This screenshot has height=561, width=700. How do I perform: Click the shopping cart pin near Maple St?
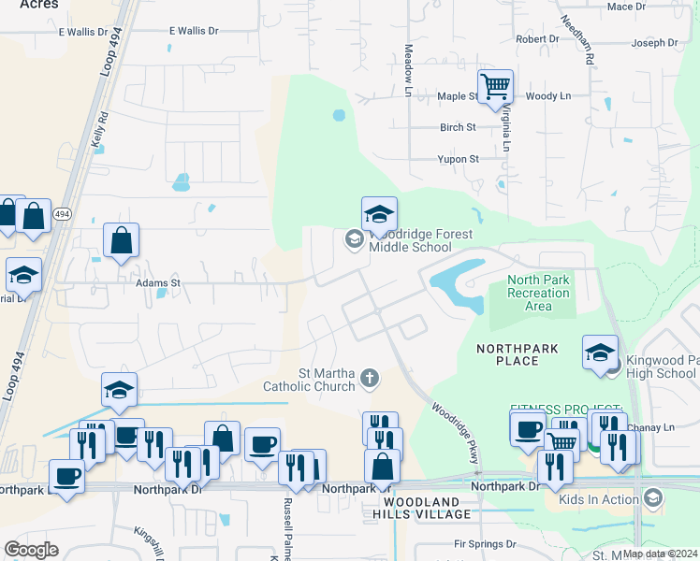[x=495, y=86]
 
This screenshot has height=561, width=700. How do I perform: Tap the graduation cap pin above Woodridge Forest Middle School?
[x=379, y=213]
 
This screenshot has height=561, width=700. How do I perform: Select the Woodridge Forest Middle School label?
[x=410, y=241]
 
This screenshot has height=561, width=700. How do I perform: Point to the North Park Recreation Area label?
[x=538, y=293]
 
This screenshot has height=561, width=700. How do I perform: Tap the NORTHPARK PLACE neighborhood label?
[x=518, y=354]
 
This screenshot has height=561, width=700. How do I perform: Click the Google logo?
[x=31, y=549]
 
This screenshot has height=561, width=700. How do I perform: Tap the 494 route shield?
[x=62, y=214]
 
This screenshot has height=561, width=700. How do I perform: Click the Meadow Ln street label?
[x=408, y=70]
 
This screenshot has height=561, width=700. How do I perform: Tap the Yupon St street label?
[x=458, y=160]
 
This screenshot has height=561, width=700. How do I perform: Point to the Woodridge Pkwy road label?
[x=456, y=433]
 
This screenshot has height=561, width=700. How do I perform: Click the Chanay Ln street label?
[x=655, y=428]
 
